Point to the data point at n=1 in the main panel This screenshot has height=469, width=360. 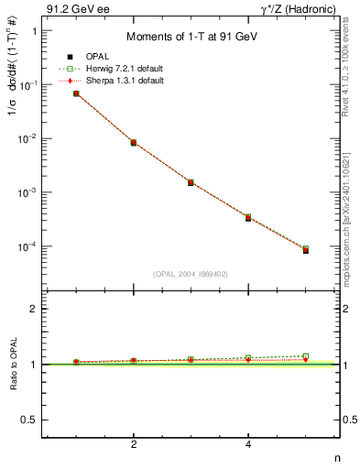pos(76,93)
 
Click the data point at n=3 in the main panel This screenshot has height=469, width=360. pos(191,182)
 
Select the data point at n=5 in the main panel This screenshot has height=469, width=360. pos(305,249)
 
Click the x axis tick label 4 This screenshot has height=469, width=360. pos(248,444)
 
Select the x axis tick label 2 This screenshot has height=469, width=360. pos(134,444)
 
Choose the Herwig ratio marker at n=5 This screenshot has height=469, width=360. pos(305,356)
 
